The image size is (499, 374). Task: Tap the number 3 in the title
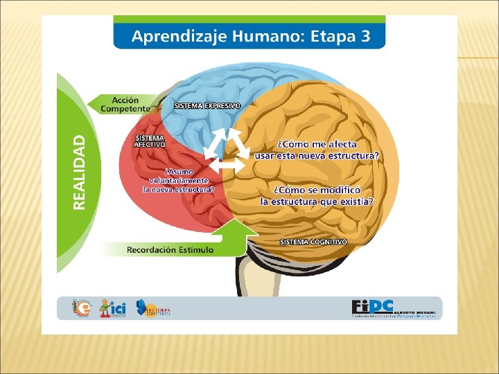(x=365, y=36)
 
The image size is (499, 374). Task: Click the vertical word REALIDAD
(x=81, y=172)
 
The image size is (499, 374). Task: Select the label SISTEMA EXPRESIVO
(x=207, y=106)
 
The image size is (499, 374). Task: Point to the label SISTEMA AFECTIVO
(x=150, y=141)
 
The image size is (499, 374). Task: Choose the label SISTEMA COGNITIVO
(x=313, y=242)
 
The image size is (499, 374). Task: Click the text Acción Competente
(x=125, y=105)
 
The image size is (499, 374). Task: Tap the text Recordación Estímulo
(x=170, y=249)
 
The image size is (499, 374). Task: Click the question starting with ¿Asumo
(x=179, y=179)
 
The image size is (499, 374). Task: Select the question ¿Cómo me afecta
(x=317, y=150)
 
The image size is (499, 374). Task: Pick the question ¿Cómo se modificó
(x=317, y=195)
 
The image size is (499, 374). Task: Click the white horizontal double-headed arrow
(x=227, y=166)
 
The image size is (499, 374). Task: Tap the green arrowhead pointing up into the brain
(x=240, y=229)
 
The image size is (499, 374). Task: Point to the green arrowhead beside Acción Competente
(x=95, y=104)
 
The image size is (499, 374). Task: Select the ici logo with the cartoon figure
(x=113, y=308)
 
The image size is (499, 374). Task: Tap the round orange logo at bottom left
(x=80, y=308)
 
